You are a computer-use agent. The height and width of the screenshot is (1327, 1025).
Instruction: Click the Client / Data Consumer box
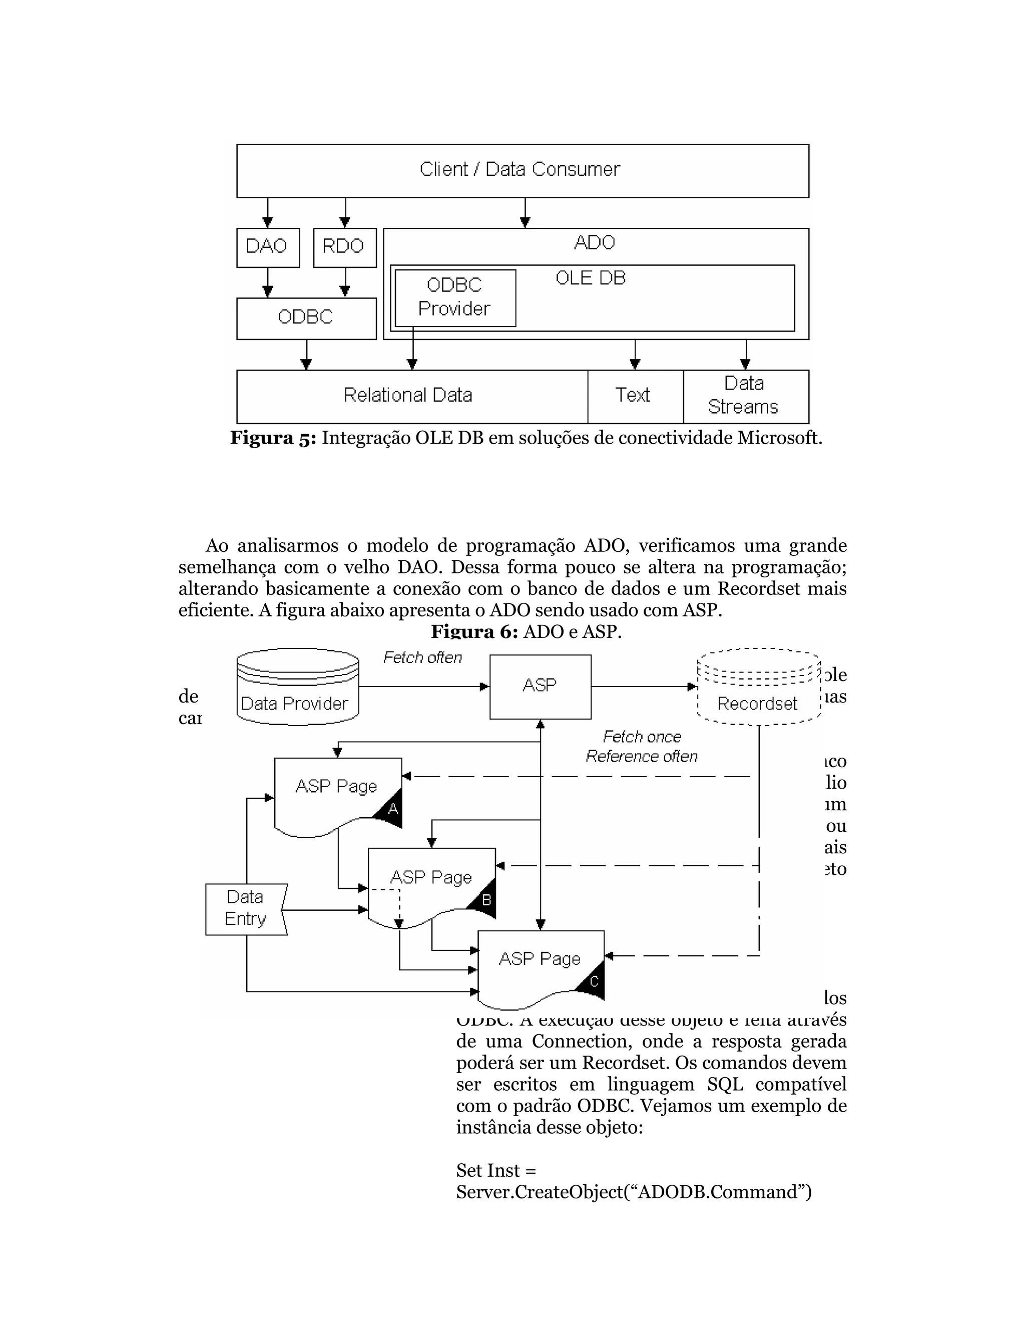[522, 170]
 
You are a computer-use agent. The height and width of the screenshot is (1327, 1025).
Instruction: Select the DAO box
[267, 247]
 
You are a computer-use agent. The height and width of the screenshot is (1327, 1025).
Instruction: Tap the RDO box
[344, 247]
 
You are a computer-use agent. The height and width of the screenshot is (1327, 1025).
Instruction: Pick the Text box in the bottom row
[634, 396]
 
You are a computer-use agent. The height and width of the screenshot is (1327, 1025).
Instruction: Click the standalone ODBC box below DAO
[305, 317]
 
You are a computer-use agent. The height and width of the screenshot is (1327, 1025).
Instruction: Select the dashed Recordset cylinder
[758, 688]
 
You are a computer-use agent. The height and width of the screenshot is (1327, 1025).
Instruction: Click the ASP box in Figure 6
[539, 686]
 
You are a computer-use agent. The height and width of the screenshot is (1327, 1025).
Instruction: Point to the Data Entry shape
[245, 908]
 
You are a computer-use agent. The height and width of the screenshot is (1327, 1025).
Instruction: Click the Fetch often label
[422, 657]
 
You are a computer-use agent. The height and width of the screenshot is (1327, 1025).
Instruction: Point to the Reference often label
[641, 757]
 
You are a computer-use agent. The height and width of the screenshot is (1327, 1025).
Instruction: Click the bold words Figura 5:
[273, 438]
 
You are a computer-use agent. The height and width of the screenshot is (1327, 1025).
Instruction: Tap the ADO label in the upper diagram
[594, 243]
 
